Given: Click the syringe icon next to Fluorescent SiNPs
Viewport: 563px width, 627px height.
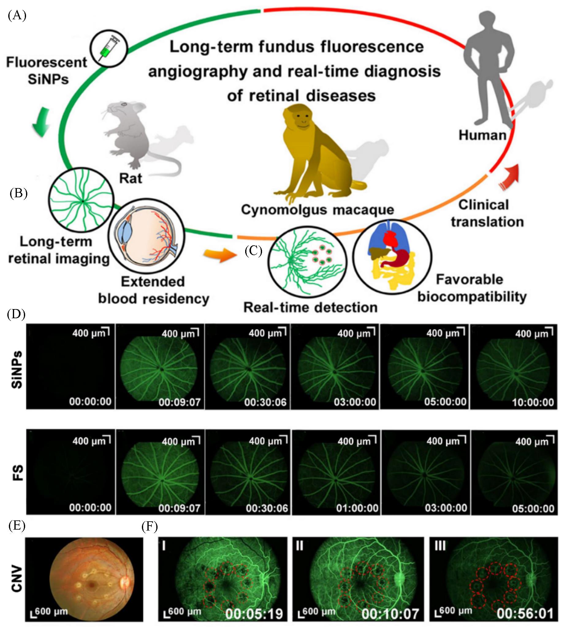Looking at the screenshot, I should (x=108, y=48).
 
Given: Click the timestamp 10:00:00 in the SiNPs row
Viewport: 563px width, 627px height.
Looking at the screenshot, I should (x=533, y=402).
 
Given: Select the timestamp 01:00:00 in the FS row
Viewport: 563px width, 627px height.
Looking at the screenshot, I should (x=357, y=508).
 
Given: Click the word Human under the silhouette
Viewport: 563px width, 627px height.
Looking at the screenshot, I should (x=482, y=135).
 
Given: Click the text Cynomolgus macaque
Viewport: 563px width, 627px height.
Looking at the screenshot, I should (x=318, y=210).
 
